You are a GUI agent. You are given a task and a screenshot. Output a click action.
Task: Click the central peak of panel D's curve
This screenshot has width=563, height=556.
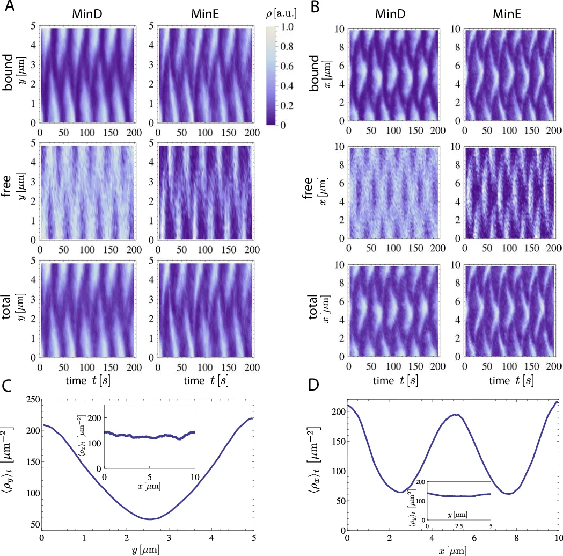(x=455, y=415)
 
